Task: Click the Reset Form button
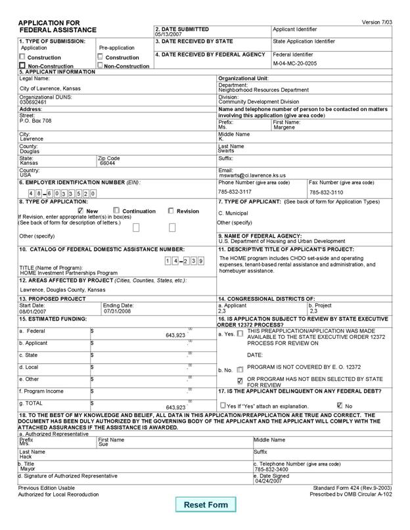206,504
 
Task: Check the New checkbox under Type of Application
81,211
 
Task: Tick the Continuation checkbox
116,211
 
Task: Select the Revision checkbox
171,211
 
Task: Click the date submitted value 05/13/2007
168,35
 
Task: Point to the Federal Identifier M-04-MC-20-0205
295,64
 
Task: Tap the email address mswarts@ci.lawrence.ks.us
252,176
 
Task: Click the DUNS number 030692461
33,102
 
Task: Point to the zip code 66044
108,164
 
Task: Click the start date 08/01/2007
32,311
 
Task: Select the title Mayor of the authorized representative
28,469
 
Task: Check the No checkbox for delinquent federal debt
340,405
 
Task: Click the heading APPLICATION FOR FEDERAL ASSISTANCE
58,27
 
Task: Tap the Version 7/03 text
378,22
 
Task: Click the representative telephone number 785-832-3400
270,469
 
